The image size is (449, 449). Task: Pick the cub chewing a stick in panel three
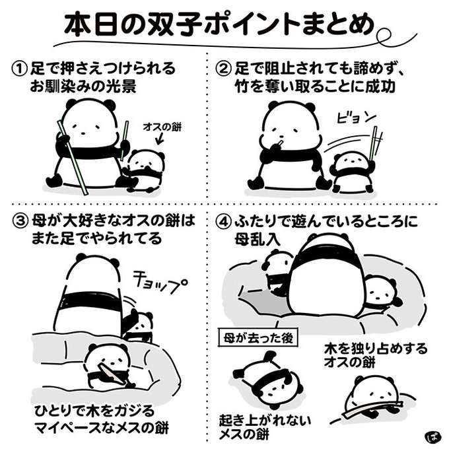pyautogui.click(x=108, y=367)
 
